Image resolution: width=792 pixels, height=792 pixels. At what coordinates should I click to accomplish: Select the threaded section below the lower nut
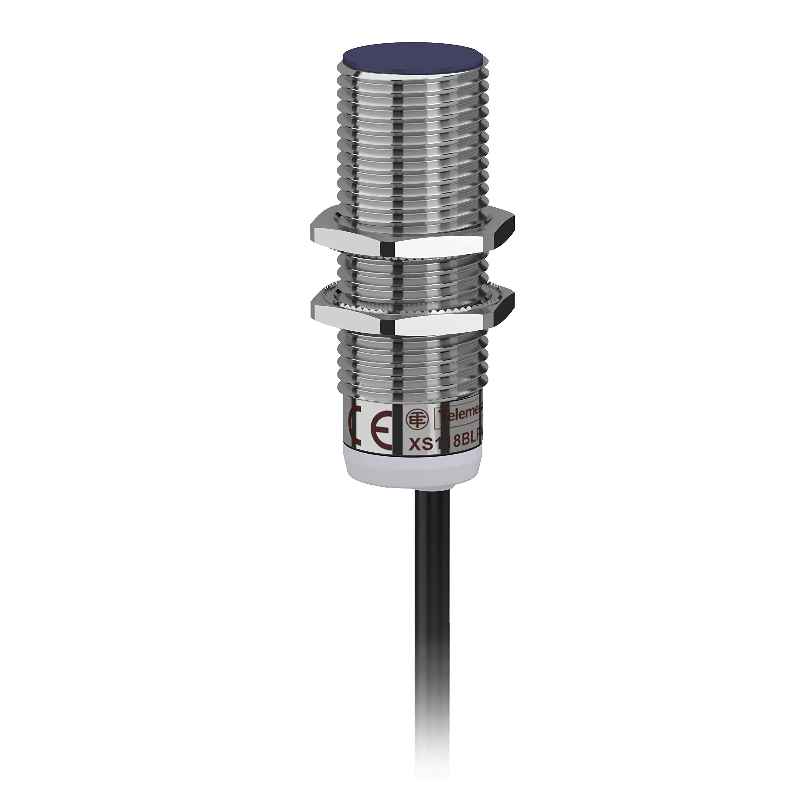(x=410, y=361)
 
